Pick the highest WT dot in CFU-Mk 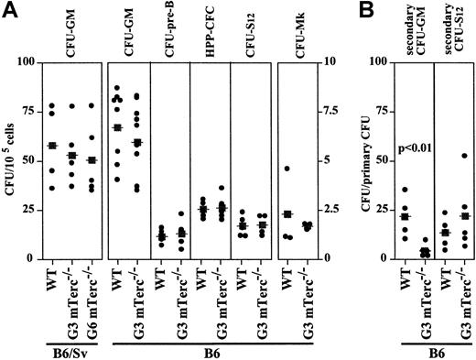[287, 169]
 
